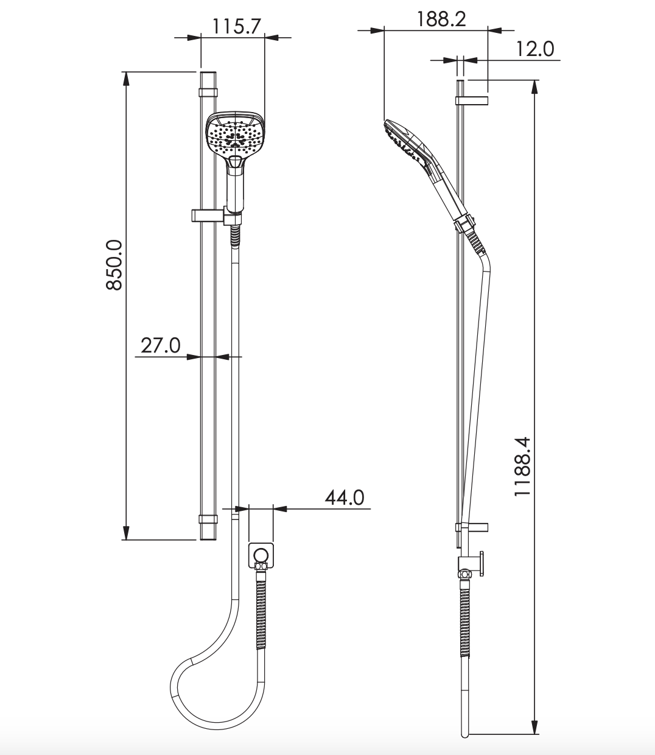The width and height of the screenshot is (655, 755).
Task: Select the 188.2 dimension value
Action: pos(441,19)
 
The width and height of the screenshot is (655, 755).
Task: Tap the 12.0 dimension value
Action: pos(534,49)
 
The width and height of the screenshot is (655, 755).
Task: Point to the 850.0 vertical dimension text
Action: pos(114,264)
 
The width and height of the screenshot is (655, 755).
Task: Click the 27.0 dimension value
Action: pos(161,345)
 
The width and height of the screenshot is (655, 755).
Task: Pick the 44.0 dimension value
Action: pos(344,497)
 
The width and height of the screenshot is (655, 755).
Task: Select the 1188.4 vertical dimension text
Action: pos(522,466)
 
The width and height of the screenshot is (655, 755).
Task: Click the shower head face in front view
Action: pos(236,134)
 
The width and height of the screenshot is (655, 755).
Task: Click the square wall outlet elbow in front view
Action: pos(261,555)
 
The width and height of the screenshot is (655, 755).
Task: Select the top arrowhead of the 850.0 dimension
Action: pos(126,79)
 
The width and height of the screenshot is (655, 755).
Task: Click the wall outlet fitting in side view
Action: pos(472,563)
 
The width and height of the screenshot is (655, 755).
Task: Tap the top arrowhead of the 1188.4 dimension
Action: pos(534,86)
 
